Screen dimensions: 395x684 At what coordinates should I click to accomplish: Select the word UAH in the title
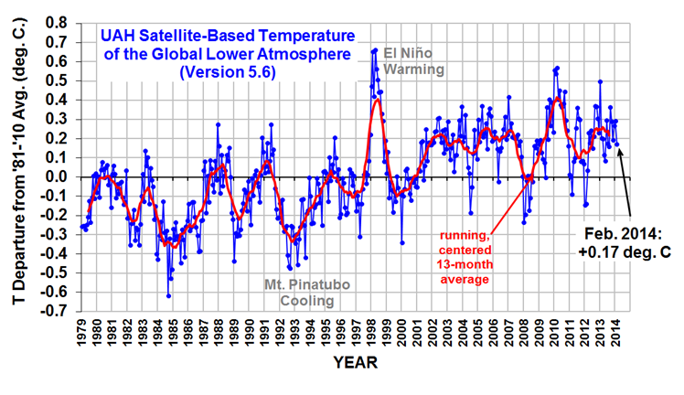pos(115,37)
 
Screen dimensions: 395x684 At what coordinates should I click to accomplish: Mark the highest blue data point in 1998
pos(376,50)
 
